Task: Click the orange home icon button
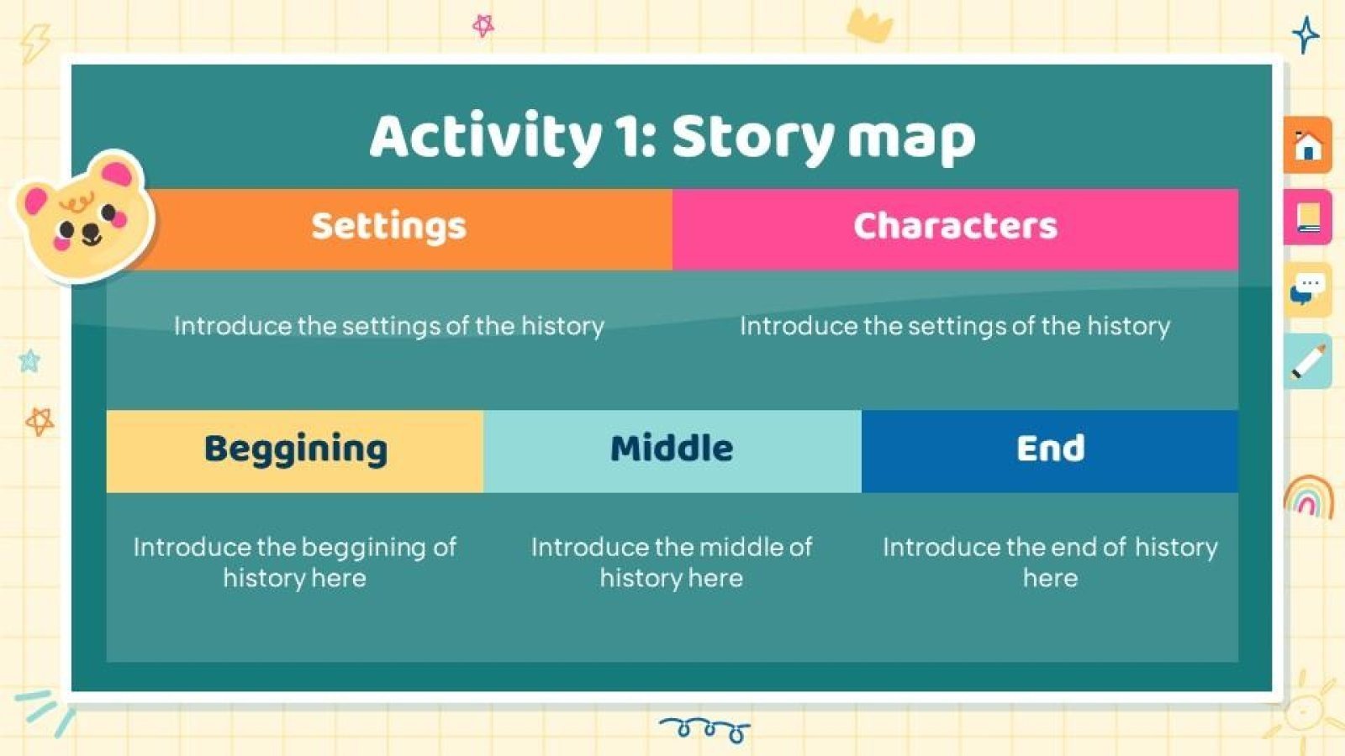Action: [1307, 145]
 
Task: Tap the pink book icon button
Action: [1307, 217]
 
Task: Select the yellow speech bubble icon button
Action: [1307, 289]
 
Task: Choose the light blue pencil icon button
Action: [1307, 361]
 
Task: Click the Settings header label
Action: [388, 226]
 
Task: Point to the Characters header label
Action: [955, 226]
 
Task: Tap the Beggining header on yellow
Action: [295, 449]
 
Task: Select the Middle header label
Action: [672, 449]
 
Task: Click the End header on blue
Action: [1050, 449]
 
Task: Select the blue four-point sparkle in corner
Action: [1305, 34]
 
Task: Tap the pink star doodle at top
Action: [483, 26]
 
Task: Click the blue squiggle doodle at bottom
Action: [705, 729]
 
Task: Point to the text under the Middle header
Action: [672, 562]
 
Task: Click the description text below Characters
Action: [955, 326]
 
